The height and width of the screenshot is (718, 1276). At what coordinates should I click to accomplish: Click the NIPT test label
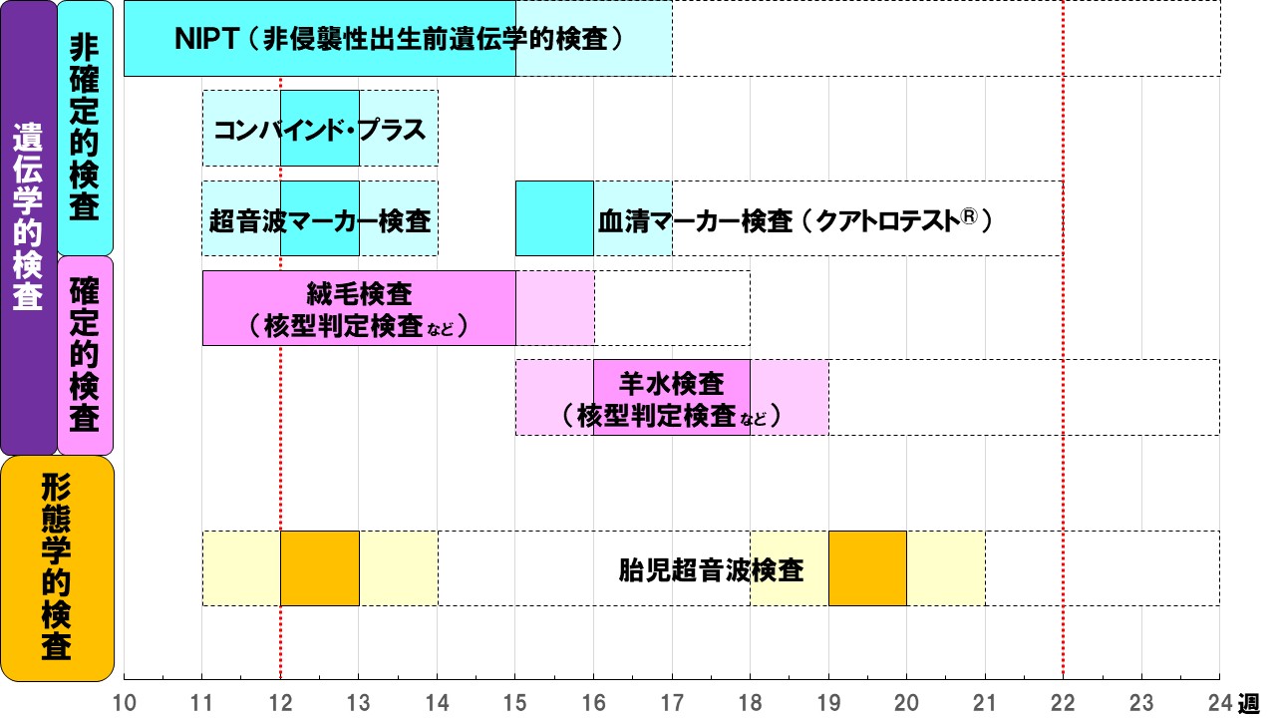(x=399, y=39)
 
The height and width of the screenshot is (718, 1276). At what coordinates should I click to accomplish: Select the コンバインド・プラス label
(x=319, y=129)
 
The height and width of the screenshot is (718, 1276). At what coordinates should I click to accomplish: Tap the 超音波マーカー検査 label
(x=319, y=218)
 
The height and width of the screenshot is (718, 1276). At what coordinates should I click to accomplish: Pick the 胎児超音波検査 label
(x=711, y=569)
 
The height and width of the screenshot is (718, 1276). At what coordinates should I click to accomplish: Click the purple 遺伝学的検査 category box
(x=28, y=227)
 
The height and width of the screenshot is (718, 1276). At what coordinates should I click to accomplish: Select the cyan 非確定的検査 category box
(x=85, y=128)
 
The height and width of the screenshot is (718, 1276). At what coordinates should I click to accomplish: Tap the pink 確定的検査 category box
(x=85, y=355)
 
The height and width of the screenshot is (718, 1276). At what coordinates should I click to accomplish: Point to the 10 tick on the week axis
(x=125, y=701)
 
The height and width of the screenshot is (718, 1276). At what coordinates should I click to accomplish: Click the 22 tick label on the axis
(x=1063, y=701)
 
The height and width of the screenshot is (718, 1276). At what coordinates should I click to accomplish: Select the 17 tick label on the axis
(x=672, y=701)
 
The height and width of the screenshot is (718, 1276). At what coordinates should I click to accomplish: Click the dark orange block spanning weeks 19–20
(x=867, y=568)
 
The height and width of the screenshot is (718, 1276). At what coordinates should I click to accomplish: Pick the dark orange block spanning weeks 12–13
(x=319, y=568)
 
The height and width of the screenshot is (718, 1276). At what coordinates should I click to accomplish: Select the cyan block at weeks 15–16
(x=554, y=218)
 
